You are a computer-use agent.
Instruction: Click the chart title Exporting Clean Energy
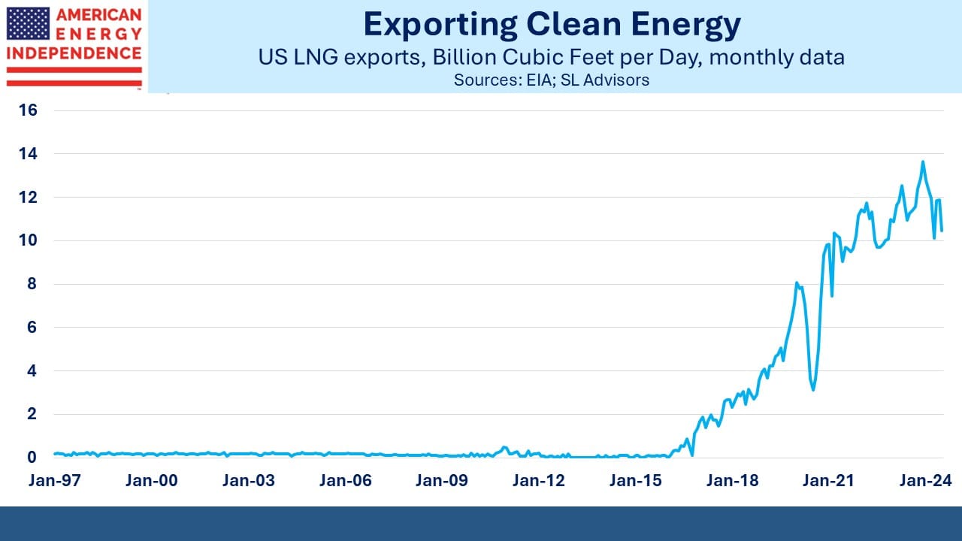(552, 25)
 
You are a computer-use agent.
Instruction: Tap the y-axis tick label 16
(29, 110)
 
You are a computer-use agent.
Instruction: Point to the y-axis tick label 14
(29, 154)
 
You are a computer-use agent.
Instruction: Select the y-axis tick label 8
(32, 284)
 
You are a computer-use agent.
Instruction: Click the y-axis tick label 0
(32, 458)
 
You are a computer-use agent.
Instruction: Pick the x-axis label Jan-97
(55, 480)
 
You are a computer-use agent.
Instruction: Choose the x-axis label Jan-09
(441, 480)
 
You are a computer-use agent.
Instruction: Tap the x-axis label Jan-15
(636, 480)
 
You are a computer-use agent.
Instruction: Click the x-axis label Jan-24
(926, 480)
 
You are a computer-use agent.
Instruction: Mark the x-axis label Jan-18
(733, 480)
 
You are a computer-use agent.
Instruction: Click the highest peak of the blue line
(923, 162)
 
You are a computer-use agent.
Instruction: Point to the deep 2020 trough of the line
(813, 389)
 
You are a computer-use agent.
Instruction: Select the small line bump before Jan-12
(505, 447)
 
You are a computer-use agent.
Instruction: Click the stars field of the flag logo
(28, 23)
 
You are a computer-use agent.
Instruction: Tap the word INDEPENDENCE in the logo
(74, 53)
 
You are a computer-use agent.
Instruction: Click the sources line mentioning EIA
(552, 80)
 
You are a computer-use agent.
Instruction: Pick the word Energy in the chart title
(686, 26)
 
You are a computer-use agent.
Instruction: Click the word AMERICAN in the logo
(98, 15)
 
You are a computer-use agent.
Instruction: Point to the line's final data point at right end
(942, 231)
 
